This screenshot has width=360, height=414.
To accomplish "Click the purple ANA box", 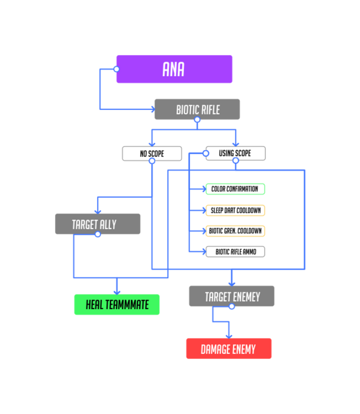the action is click(x=174, y=69).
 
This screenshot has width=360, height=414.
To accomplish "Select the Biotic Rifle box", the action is click(x=197, y=109).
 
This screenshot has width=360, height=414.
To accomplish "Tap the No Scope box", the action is click(x=152, y=153).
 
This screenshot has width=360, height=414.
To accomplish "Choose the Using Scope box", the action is click(x=236, y=153).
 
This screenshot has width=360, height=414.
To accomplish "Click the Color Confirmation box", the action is click(x=235, y=189).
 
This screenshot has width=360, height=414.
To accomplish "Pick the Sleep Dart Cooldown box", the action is click(x=235, y=210).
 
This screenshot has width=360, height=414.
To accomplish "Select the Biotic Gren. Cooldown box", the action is click(x=235, y=231).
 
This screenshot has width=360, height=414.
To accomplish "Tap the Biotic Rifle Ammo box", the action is click(x=235, y=252).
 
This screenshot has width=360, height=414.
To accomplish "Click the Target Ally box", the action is click(x=98, y=224).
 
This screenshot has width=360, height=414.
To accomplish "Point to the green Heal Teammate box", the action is click(x=117, y=304).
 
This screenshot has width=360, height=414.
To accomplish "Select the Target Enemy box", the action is click(x=232, y=296).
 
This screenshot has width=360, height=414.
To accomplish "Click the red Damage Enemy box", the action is click(x=229, y=348).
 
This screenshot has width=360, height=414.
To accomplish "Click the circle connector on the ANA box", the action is click(x=117, y=69).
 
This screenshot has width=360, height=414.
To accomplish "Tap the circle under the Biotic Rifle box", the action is click(x=197, y=120).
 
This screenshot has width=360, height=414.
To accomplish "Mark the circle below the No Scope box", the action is click(x=152, y=161).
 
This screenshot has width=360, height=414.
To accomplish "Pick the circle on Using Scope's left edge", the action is click(x=206, y=153).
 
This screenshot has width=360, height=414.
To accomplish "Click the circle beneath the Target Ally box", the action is click(x=98, y=234).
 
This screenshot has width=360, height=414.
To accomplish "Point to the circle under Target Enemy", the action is click(x=232, y=306).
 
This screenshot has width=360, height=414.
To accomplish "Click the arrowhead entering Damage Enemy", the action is click(x=229, y=337).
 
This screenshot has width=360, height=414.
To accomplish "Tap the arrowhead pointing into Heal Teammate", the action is click(x=117, y=293).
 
